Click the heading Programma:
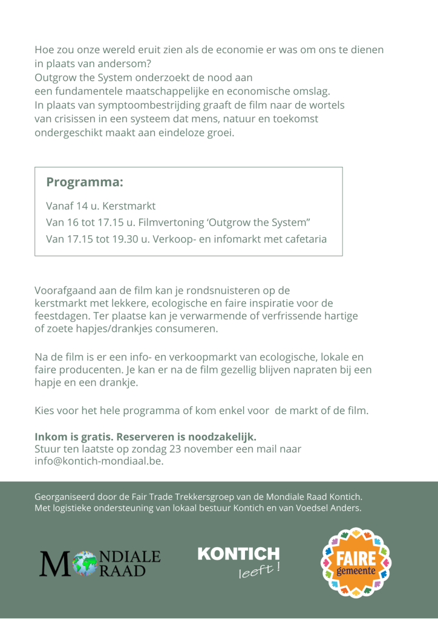click(85, 182)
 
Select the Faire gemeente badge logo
click(356, 562)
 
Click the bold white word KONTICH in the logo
click(238, 553)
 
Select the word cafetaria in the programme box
click(301, 239)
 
